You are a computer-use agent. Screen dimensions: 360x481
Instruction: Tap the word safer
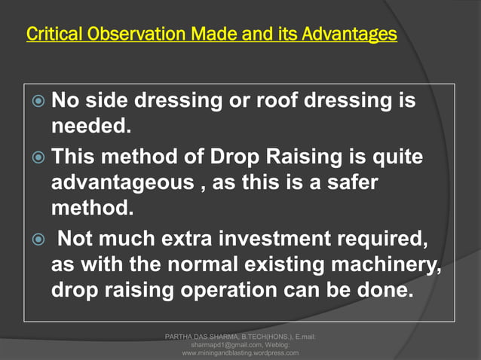click(x=354, y=186)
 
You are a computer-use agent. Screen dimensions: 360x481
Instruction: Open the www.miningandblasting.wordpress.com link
click(x=241, y=352)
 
